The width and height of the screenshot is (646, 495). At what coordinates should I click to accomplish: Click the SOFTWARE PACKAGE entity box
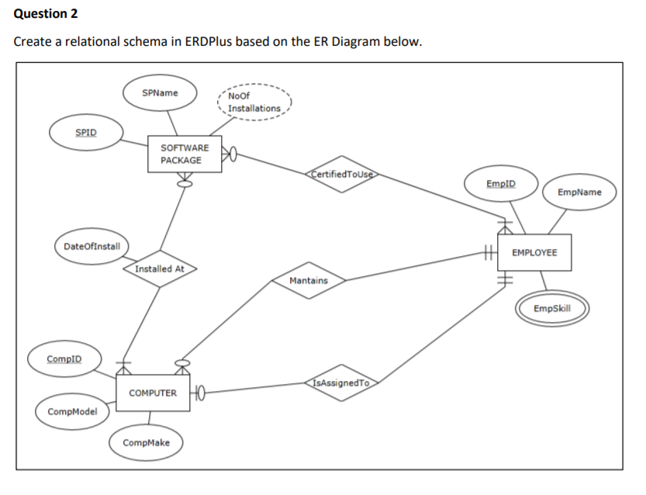(x=185, y=154)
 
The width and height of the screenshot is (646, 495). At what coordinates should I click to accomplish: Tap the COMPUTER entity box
(x=153, y=393)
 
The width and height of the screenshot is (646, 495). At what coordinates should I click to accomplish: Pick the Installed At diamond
(x=159, y=268)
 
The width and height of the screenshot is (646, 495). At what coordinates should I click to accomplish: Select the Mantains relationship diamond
(x=309, y=280)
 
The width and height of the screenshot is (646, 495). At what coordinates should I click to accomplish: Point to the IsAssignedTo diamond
(x=342, y=383)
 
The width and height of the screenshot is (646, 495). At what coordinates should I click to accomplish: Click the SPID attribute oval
(x=86, y=132)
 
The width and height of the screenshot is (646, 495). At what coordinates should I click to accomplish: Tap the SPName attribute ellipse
(x=161, y=93)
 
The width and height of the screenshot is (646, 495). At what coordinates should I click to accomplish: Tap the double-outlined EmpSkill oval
(x=552, y=309)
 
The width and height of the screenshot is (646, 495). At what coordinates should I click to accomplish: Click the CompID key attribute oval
(x=64, y=359)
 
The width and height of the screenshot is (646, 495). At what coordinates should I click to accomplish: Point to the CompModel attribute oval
(x=72, y=411)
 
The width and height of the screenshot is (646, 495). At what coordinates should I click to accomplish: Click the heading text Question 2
(x=46, y=14)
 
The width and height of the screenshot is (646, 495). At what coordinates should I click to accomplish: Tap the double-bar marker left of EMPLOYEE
(x=488, y=252)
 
